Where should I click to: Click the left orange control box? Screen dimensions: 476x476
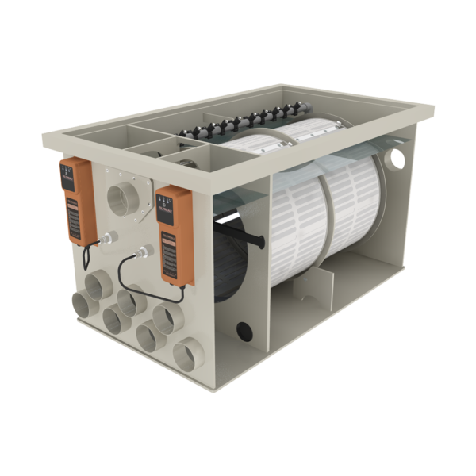point(77,198)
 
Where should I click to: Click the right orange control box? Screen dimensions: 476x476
point(174,234)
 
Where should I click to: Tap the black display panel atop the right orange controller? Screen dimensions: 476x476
point(167,203)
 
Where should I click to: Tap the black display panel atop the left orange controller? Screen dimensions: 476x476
point(71,172)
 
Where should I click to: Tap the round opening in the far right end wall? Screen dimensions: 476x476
point(396,158)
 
